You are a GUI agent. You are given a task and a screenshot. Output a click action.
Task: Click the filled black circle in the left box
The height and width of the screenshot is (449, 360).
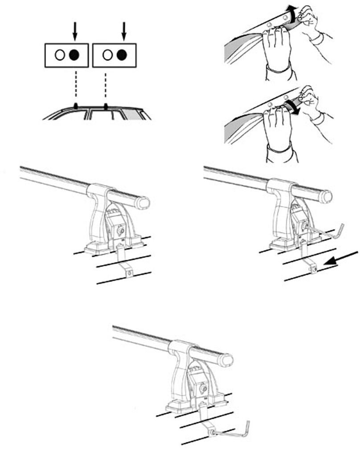pos(75,55)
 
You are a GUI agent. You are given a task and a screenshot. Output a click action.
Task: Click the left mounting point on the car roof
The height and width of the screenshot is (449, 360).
pos(75,106)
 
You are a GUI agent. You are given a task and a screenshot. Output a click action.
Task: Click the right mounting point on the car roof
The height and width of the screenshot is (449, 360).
pos(106,106)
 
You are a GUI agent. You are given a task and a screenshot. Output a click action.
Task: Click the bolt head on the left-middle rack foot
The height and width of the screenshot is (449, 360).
pos(121,231)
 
